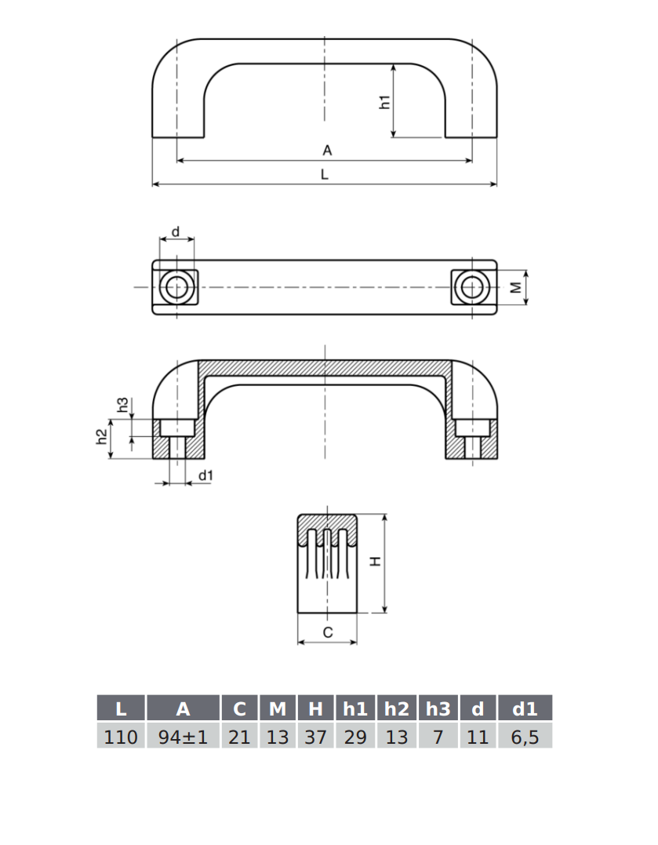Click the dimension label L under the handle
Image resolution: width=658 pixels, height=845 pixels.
point(324,175)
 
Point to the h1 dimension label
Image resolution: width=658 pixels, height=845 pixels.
point(384,101)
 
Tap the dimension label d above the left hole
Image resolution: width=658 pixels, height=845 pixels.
point(176,231)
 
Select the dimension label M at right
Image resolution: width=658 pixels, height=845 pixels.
point(515,288)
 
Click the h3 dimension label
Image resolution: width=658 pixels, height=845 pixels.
point(122,405)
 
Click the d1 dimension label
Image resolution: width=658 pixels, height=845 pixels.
point(205,475)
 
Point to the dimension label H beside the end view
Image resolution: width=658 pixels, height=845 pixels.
point(375,562)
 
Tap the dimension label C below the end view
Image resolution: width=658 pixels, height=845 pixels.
point(328,632)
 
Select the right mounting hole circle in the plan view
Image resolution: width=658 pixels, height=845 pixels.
point(472,288)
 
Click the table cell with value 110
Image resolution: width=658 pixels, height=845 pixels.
point(121,737)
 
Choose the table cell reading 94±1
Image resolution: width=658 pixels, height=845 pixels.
point(183,737)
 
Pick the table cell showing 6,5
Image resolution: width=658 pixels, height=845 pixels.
point(525,737)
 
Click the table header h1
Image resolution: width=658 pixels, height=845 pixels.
point(355,709)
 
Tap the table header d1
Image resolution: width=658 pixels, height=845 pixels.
point(525,709)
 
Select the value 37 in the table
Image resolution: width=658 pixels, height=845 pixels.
point(315,737)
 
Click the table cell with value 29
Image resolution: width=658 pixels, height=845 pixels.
point(355,737)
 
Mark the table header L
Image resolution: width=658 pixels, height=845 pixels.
point(121,709)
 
